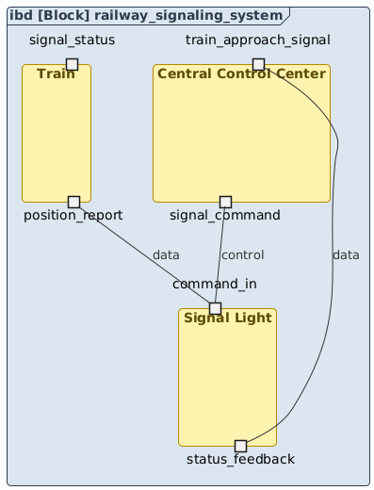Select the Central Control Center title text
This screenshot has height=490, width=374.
(241, 73)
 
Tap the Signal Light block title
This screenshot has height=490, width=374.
(228, 318)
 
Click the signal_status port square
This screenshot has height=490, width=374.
(71, 63)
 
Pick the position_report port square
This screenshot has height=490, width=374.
(73, 202)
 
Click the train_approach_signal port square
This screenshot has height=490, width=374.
(258, 64)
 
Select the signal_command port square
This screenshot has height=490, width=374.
(225, 202)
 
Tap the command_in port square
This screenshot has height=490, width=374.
(215, 308)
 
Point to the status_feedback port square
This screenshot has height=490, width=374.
(240, 446)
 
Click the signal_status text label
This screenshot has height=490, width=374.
(73, 40)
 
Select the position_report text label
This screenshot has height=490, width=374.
(73, 216)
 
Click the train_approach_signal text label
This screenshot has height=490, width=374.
(258, 40)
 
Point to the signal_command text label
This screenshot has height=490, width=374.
(225, 216)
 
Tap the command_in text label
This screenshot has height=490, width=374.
(215, 285)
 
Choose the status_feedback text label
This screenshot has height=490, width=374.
(240, 460)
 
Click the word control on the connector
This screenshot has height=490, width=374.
(242, 255)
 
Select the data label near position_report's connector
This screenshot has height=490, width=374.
(165, 255)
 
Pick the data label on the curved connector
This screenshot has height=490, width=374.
(346, 255)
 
